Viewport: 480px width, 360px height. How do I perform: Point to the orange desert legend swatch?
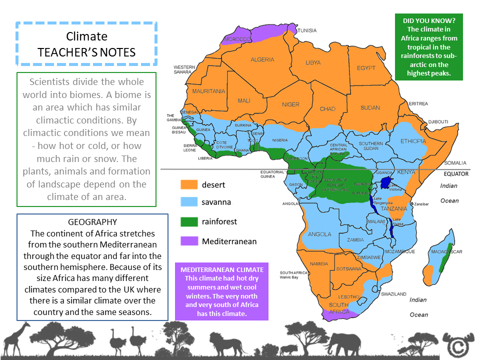[x=187, y=185]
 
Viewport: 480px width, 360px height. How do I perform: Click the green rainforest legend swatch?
[x=187, y=221]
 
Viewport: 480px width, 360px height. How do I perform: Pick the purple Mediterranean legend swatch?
[x=187, y=241]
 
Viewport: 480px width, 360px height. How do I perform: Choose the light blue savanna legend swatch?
[x=187, y=202]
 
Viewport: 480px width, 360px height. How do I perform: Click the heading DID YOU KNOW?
[x=428, y=21]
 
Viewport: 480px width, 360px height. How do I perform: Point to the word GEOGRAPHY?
[x=92, y=222]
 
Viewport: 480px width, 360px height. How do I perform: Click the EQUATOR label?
[x=456, y=174]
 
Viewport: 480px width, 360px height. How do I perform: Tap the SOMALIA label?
[x=455, y=163]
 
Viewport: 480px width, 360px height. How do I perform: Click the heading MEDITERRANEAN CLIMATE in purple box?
[x=221, y=270]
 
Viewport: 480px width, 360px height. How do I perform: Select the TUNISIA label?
[x=307, y=30]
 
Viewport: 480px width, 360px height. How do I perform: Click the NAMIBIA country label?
[x=319, y=263]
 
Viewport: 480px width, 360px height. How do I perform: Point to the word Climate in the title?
[x=86, y=36]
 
